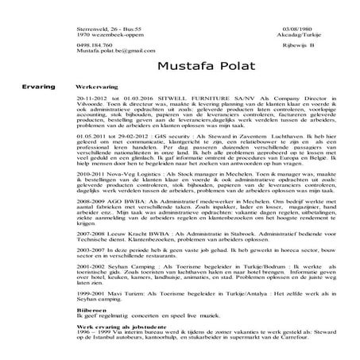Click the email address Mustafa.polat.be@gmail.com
click(100, 52)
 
